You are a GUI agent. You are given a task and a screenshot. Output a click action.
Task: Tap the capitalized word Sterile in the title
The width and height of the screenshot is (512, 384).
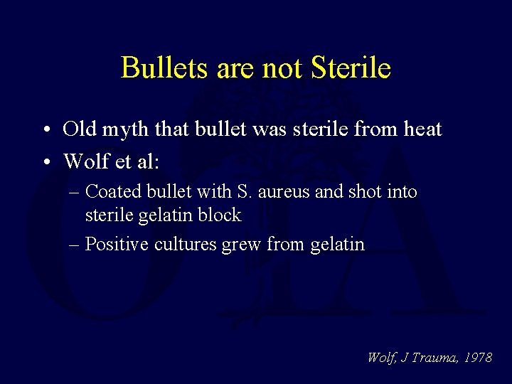point(351,68)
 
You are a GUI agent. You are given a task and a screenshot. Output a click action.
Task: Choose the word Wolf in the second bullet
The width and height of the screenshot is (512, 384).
point(84,161)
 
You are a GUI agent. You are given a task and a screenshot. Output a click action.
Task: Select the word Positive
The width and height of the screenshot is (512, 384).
point(112,245)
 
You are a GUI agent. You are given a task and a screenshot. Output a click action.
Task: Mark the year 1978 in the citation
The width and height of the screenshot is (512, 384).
point(477,358)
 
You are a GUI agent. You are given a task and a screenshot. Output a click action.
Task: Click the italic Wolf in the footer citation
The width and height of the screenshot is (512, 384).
point(383,358)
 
